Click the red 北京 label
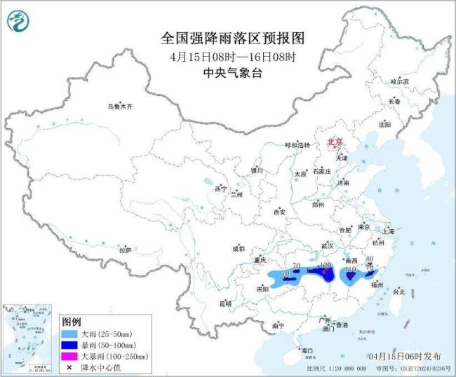click(335, 142)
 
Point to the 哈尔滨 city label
click(399, 82)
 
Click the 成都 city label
click(238, 249)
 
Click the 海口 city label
click(306, 350)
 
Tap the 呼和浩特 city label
click(297, 145)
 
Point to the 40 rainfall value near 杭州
click(369, 259)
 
